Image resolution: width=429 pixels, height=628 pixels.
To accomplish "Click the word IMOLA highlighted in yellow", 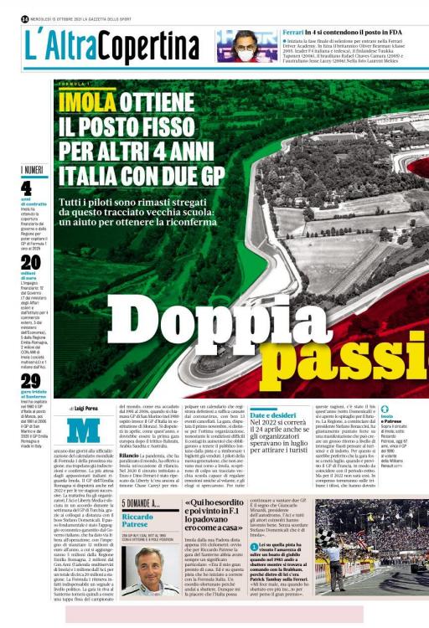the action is [x=87, y=103].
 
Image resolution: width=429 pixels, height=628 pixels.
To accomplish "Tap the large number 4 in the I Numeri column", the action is [x=27, y=188].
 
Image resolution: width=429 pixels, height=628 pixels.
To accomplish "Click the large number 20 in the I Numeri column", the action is [x=30, y=262].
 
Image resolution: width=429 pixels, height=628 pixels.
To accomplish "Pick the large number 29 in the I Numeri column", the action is [x=30, y=380].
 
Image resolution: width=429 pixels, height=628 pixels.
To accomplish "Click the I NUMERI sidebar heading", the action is [x=31, y=170].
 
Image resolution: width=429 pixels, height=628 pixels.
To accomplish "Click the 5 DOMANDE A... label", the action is [x=142, y=503].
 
